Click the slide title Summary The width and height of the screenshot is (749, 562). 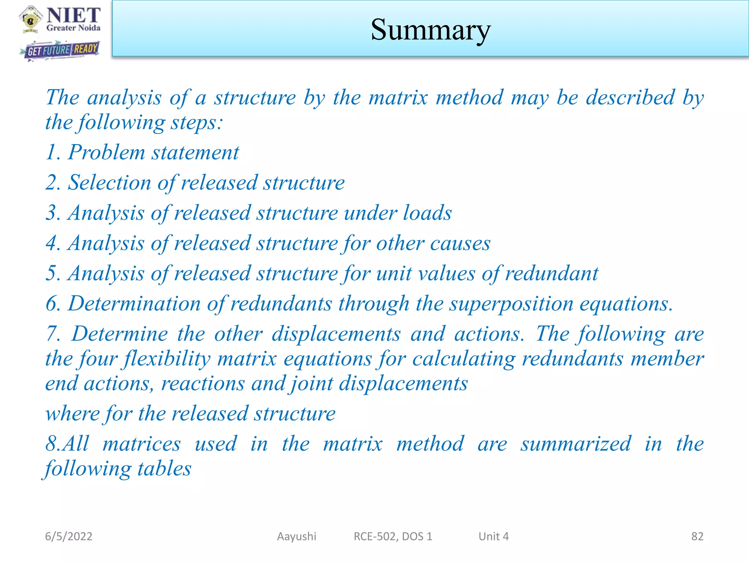click(430, 30)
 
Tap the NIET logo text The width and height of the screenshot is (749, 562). click(74, 16)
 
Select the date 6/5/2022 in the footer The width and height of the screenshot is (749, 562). click(68, 536)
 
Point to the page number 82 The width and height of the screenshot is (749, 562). click(697, 536)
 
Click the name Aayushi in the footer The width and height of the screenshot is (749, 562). click(297, 536)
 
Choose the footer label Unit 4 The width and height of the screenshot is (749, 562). click(493, 536)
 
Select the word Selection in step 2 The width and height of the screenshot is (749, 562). click(109, 183)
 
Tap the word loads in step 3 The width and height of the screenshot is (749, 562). click(427, 213)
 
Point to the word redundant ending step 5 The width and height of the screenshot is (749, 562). click(552, 274)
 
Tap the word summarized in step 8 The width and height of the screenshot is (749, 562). click(576, 444)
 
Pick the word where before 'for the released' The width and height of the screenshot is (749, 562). click(72, 414)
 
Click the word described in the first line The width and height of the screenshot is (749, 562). click(630, 98)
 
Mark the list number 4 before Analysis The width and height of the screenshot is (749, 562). click(51, 243)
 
